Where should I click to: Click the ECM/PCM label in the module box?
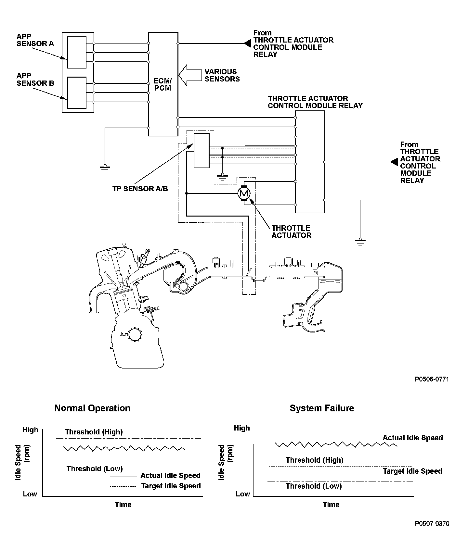[163, 84]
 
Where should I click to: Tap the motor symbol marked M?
[244, 194]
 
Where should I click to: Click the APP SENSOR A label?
[35, 40]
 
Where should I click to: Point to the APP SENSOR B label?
[35, 80]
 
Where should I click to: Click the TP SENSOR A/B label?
[140, 189]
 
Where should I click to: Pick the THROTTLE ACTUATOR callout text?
[291, 232]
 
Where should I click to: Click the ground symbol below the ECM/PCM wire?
[105, 168]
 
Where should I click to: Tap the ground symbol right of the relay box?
[360, 242]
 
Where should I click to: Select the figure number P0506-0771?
[432, 379]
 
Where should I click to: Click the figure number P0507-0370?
[432, 523]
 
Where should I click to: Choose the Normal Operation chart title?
[92, 408]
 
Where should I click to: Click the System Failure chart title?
[322, 408]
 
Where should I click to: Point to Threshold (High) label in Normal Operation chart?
[94, 432]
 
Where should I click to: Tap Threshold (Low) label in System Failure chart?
[314, 486]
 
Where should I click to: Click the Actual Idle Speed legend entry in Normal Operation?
[170, 475]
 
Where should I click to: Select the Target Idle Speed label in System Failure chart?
[412, 471]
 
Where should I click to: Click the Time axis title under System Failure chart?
[331, 505]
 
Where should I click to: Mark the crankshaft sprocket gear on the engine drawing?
[135, 334]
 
